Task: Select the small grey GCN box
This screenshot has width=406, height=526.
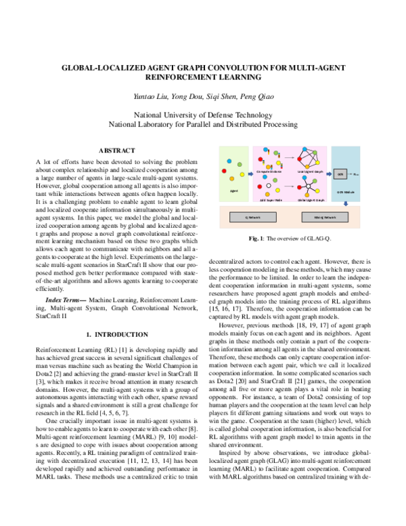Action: pyautogui.click(x=342, y=174)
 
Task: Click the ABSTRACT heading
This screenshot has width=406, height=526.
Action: pyautogui.click(x=117, y=150)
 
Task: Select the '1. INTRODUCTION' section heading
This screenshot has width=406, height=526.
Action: pyautogui.click(x=117, y=335)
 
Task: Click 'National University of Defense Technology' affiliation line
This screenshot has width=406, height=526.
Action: pyautogui.click(x=203, y=114)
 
